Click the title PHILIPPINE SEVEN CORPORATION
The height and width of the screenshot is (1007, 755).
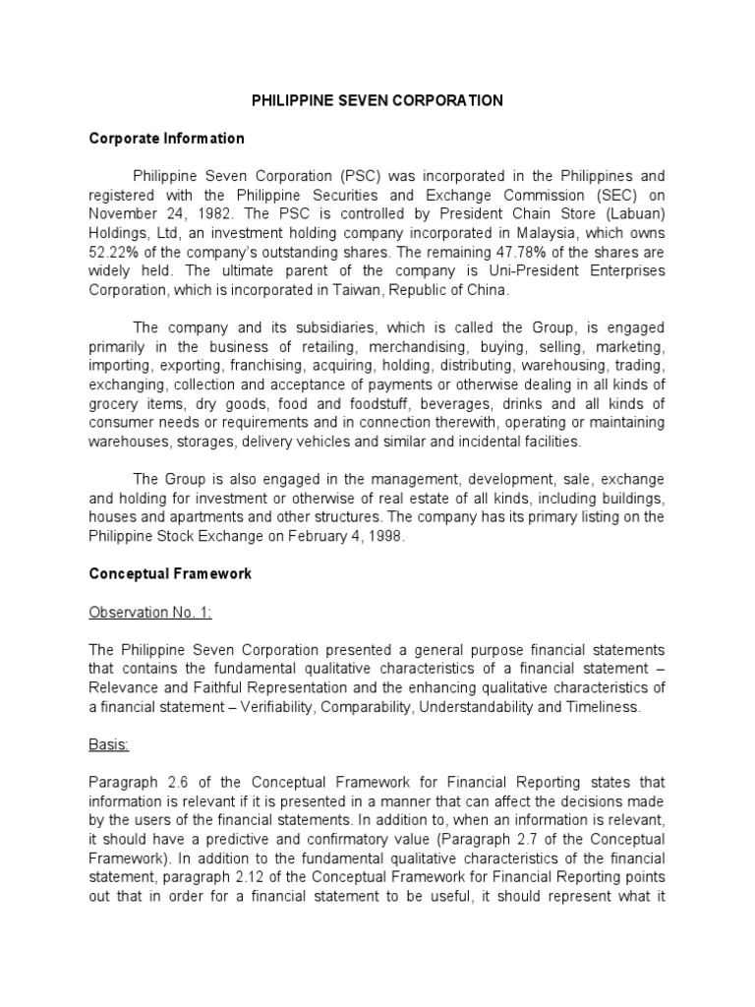pos(377,100)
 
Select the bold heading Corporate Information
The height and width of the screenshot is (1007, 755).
pos(166,139)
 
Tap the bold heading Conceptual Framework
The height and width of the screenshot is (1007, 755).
pos(170,574)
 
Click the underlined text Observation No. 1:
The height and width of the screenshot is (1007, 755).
pos(150,613)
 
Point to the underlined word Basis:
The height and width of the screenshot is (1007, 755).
pos(109,744)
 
